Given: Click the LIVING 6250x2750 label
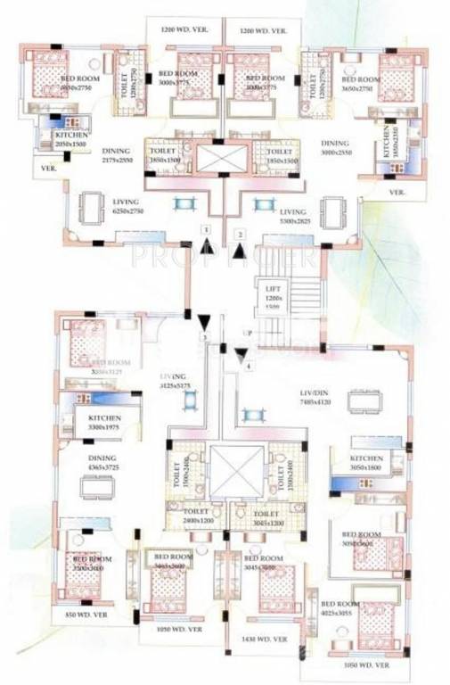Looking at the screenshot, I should (x=135, y=208).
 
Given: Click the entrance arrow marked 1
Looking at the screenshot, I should (x=206, y=246).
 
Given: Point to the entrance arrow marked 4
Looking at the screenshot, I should (x=241, y=357).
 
